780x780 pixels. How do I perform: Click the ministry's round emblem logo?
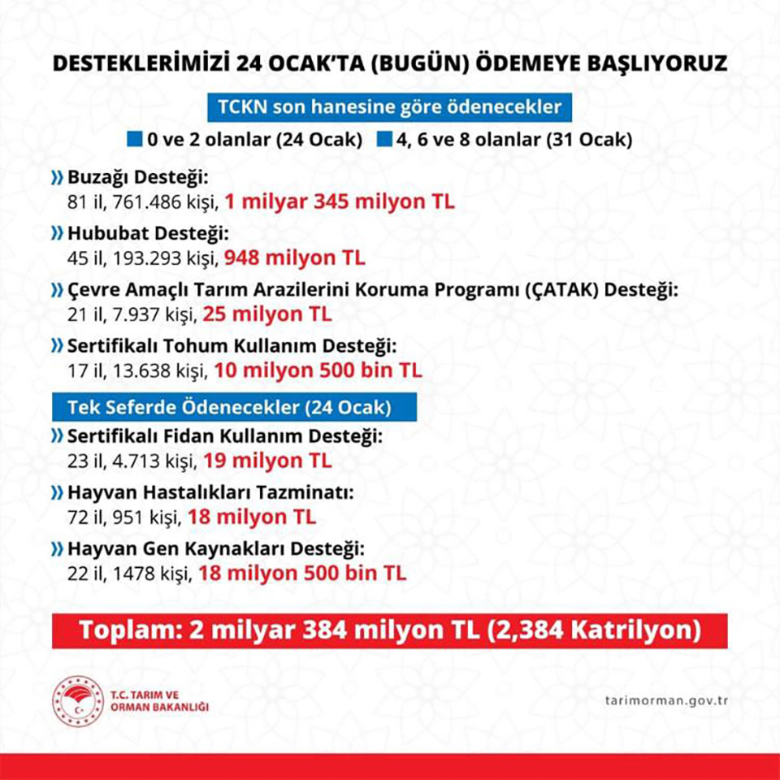pyautogui.click(x=76, y=701)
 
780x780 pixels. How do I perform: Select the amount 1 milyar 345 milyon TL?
pyautogui.click(x=340, y=201)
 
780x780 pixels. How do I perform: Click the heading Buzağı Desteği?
pyautogui.click(x=128, y=178)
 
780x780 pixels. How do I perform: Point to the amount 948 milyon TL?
pyautogui.click(x=294, y=258)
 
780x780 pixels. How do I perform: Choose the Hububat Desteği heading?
pyautogui.click(x=135, y=235)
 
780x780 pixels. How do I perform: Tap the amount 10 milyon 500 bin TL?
pyautogui.click(x=318, y=370)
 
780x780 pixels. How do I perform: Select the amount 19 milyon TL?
pyautogui.click(x=267, y=460)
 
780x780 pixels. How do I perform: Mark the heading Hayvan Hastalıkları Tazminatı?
pyautogui.click(x=203, y=493)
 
